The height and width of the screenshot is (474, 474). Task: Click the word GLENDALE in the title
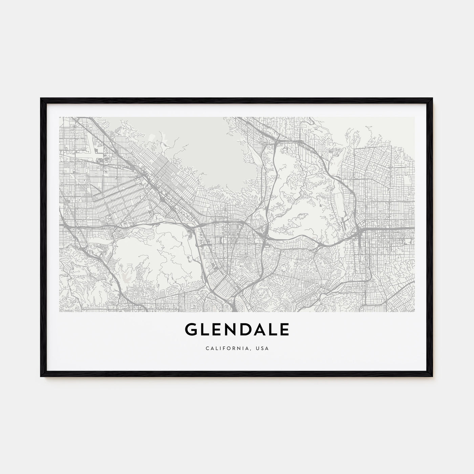click(237, 329)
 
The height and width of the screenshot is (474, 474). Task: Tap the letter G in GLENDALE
click(191, 329)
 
